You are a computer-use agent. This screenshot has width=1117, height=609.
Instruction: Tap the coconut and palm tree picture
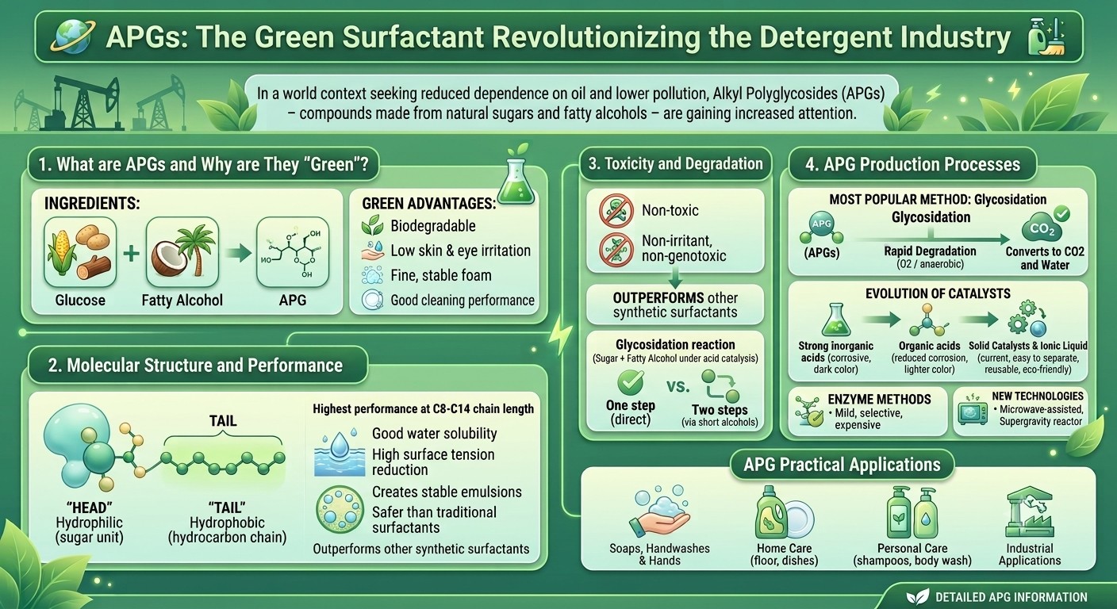182,252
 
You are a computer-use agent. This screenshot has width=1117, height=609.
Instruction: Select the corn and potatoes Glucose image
80,252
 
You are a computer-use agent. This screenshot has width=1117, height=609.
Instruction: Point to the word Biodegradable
433,226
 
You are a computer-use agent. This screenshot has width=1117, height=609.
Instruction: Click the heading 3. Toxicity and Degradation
676,163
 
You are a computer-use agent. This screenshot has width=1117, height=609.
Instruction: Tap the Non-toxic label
670,210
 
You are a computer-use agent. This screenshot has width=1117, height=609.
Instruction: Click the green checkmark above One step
631,383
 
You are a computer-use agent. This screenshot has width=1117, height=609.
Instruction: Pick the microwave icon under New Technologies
973,412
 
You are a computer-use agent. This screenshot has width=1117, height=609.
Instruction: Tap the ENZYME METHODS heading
879,399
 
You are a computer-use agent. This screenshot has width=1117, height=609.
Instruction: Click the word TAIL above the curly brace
223,420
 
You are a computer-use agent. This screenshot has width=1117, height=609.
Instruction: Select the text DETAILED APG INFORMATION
1011,597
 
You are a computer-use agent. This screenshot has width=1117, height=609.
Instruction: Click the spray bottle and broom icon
1046,36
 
